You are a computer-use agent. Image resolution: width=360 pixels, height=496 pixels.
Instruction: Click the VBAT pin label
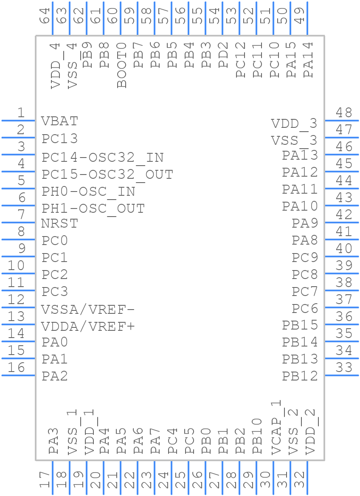tap(60, 121)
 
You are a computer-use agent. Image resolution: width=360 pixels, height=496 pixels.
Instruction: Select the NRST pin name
tap(60, 223)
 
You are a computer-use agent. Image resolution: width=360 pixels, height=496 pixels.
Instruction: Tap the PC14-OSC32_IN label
tap(103, 158)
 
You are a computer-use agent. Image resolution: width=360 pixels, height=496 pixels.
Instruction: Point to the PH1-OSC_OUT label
tap(93, 209)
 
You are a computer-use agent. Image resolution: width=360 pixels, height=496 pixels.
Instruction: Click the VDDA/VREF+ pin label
tap(88, 326)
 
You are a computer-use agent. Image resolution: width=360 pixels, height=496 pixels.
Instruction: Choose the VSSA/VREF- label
tap(88, 309)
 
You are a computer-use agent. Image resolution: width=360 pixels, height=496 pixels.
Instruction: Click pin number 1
tap(21, 113)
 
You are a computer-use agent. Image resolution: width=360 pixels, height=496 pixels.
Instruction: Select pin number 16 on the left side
tap(17, 367)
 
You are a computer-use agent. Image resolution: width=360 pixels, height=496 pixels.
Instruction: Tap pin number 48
tap(344, 113)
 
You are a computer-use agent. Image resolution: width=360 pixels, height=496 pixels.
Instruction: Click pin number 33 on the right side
tap(344, 367)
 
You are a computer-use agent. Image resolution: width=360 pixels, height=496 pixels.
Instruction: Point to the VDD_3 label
tap(294, 124)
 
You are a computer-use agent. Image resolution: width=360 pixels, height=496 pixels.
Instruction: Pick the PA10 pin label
tap(300, 206)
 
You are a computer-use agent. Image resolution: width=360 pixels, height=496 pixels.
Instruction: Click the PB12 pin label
tap(300, 376)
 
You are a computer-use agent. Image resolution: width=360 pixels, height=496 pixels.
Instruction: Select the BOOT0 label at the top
tap(122, 65)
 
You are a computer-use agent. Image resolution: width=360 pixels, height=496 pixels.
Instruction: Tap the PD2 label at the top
tap(224, 55)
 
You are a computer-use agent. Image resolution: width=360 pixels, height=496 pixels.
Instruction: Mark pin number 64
tap(45, 16)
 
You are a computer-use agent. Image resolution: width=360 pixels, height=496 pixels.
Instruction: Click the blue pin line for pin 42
tap(342, 223)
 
